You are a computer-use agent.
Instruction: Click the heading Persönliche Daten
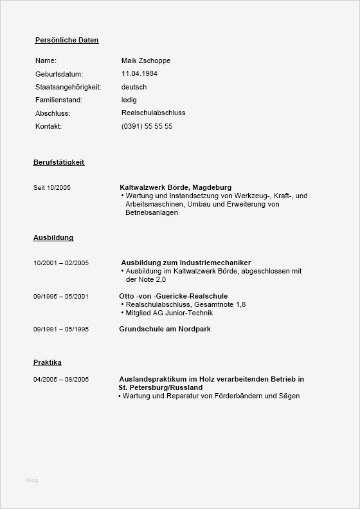coord(67,40)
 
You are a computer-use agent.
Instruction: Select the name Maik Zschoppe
coord(146,60)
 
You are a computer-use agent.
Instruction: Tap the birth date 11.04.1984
coord(139,73)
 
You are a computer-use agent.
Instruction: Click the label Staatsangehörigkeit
coord(68,87)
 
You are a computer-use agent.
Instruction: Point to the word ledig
coord(129,100)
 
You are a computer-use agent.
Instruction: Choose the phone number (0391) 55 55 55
coord(147,126)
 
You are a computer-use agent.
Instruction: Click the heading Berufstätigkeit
coord(59,162)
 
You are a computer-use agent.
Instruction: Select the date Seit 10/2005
coord(52,187)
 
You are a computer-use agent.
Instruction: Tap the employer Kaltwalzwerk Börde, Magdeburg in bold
coord(175,187)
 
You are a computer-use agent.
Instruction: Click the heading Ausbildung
coord(53,237)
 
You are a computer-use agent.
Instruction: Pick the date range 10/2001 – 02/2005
coord(61,263)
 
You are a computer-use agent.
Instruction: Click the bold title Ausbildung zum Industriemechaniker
coord(186,263)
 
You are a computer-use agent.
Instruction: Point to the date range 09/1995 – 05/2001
coord(61,296)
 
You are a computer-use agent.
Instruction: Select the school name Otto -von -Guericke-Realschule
coord(174,296)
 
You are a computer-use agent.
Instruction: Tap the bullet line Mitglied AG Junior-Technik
coord(169,313)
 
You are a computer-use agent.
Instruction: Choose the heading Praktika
coord(48,362)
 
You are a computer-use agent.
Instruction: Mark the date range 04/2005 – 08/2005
coord(61,380)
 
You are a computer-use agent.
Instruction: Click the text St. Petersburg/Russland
coord(161,388)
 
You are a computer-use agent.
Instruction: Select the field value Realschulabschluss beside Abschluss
coord(153,113)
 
